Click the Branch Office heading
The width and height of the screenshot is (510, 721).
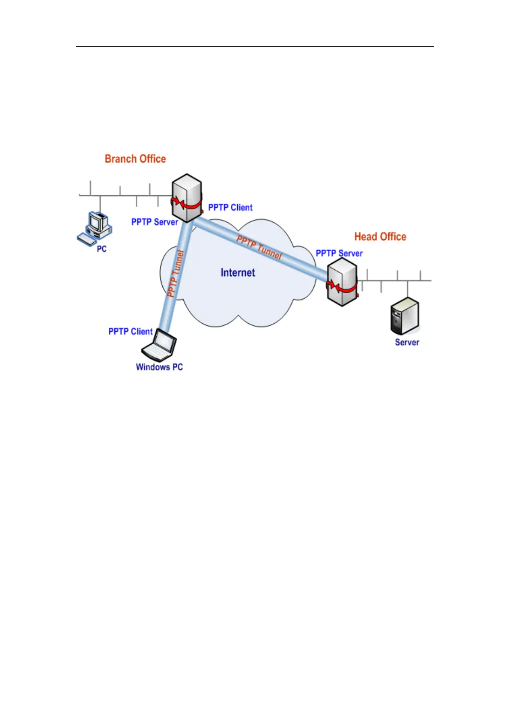click(135, 159)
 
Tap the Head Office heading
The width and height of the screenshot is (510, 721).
click(380, 237)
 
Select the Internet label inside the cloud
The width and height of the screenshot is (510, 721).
click(238, 273)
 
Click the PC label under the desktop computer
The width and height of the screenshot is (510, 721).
click(101, 249)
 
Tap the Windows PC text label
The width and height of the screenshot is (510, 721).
click(159, 367)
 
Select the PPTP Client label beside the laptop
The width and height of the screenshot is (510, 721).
click(130, 331)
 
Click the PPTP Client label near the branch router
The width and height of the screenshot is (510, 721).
click(230, 208)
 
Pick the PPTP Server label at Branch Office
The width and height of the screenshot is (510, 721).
click(155, 222)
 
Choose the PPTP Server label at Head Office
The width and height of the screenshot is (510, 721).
click(339, 253)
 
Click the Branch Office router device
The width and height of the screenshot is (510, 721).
click(187, 197)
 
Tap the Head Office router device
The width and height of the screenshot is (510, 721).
click(342, 282)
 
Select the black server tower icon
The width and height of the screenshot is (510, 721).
click(405, 316)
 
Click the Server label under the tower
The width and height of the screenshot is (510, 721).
click(407, 342)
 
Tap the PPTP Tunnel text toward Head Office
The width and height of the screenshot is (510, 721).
click(259, 248)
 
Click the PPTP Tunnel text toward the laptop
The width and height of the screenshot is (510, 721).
click(176, 274)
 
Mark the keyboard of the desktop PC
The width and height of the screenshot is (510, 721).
click(87, 239)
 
